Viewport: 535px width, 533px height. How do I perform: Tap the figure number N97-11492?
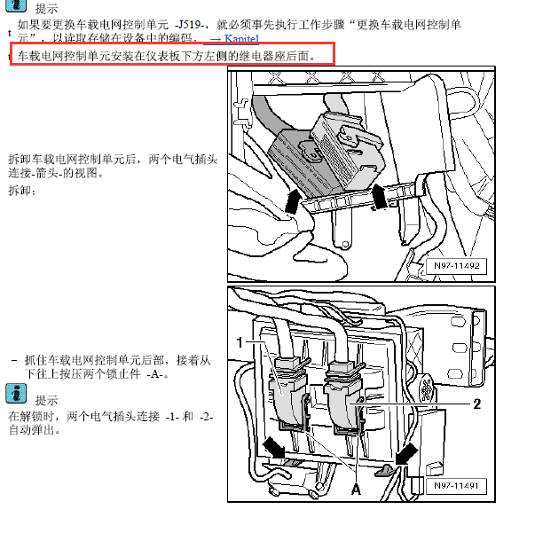pos(458,265)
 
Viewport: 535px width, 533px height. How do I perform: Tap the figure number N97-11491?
pos(458,486)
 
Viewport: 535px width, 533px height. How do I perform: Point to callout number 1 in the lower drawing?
pos(239,341)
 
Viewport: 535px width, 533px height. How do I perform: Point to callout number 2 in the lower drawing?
pos(476,404)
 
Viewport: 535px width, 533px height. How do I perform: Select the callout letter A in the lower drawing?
pos(356,489)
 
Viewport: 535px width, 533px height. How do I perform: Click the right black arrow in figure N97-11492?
pos(379,196)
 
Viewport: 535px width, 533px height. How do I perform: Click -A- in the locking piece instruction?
pos(158,374)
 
